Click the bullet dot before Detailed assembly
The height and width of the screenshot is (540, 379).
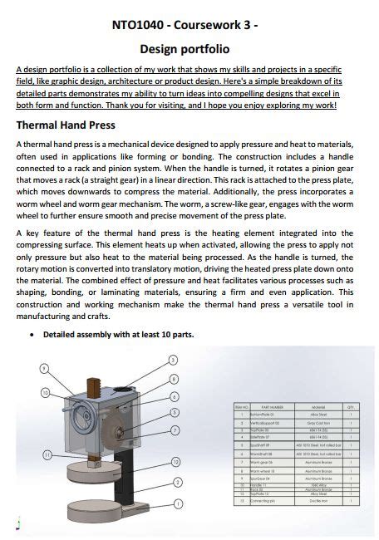32,335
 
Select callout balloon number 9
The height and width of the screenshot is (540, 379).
43,368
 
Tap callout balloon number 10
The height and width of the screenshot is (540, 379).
47,392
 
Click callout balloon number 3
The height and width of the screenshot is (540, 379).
172,361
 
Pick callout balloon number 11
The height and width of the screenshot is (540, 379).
47,454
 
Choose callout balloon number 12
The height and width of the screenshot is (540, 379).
175,461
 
